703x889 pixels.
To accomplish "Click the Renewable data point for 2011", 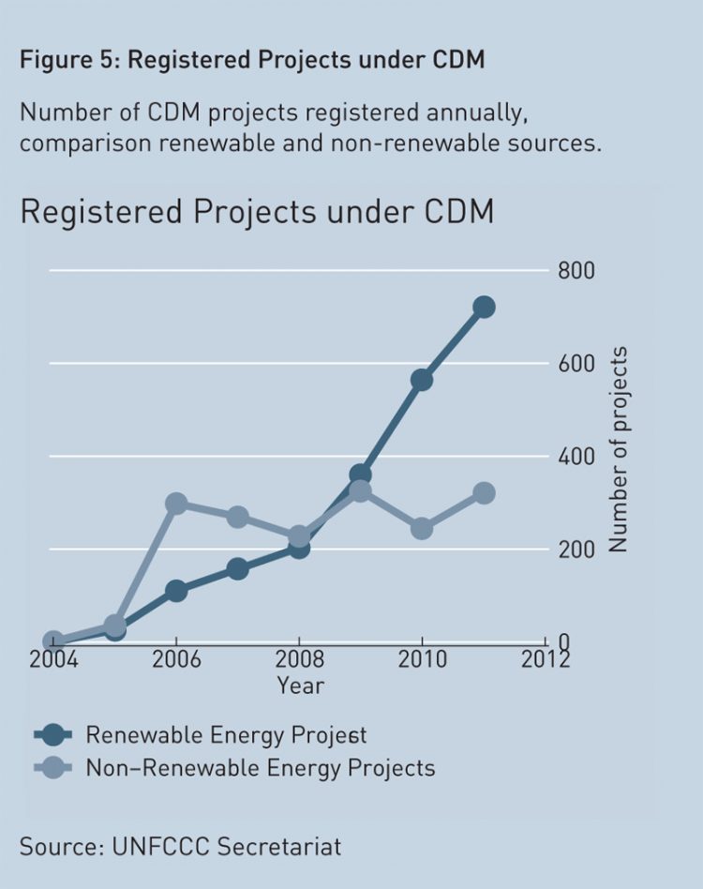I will pyautogui.click(x=484, y=307).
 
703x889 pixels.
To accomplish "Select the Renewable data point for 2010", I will pyautogui.click(x=422, y=380).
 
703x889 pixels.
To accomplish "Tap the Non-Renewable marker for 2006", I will pyautogui.click(x=175, y=504).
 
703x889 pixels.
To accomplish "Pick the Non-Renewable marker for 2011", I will pyautogui.click(x=484, y=493).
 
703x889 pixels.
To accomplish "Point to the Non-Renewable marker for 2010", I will pyautogui.click(x=422, y=529).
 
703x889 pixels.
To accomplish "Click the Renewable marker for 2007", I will pyautogui.click(x=237, y=568).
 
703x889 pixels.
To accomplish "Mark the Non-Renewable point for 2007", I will pyautogui.click(x=237, y=517).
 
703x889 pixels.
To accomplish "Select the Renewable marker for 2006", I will pyautogui.click(x=175, y=591).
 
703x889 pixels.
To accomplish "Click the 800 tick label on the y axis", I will pyautogui.click(x=576, y=271).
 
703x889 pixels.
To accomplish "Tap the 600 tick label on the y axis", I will pyautogui.click(x=576, y=364).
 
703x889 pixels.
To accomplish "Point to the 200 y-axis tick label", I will pyautogui.click(x=576, y=550).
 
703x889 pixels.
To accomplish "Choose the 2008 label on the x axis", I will pyautogui.click(x=299, y=659).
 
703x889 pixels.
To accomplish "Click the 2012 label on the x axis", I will pyautogui.click(x=545, y=659).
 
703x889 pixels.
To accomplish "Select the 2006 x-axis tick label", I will pyautogui.click(x=175, y=659).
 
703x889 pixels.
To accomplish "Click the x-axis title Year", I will pyautogui.click(x=300, y=686).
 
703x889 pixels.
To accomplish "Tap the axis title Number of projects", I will pyautogui.click(x=618, y=449).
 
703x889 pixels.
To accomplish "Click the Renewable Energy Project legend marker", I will pyautogui.click(x=52, y=734).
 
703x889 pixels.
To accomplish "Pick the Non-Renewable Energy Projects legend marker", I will pyautogui.click(x=52, y=769).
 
